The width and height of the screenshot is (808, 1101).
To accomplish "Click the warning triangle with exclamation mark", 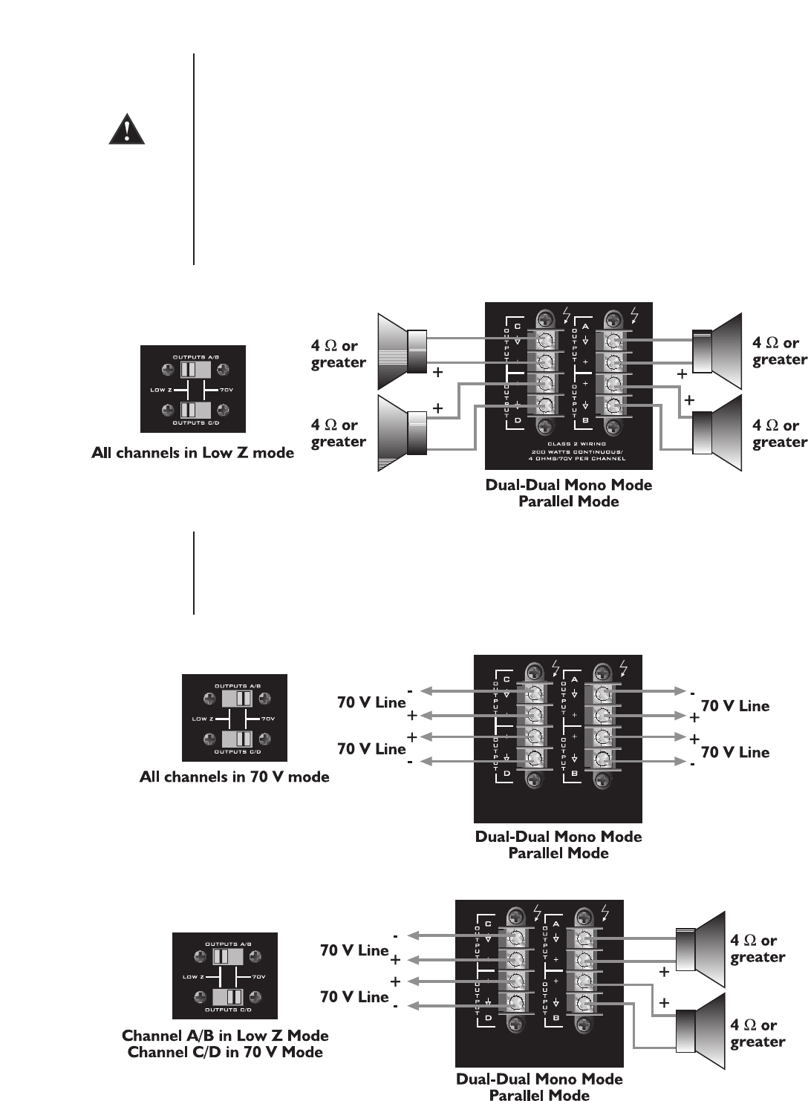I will [126, 129].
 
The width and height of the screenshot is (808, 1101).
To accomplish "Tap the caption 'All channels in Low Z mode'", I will [192, 453].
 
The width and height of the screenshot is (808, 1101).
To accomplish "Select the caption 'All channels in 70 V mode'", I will [234, 777].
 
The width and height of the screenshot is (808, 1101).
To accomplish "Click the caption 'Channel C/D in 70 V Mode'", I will [225, 1052].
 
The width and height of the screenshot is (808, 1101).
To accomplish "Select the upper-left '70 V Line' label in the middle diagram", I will [371, 702].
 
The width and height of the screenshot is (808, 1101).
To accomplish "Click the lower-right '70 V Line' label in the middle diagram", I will [735, 752].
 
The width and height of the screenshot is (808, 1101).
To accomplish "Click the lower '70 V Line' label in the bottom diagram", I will [354, 997].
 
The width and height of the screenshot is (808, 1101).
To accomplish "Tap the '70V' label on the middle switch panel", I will [267, 719].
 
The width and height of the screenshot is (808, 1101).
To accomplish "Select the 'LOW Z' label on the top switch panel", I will [161, 390].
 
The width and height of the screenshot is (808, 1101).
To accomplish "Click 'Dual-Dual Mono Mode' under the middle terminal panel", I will [558, 837].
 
